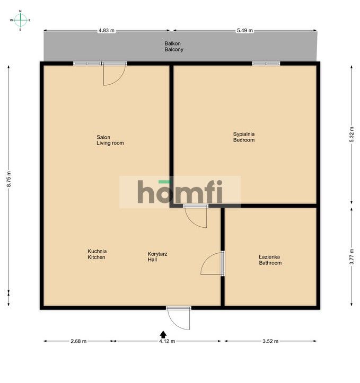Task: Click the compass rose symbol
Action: point(20,20)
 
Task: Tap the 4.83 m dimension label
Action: point(106,31)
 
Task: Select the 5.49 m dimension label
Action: point(244,31)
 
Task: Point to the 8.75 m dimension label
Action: point(9,179)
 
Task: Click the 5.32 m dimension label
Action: point(352,135)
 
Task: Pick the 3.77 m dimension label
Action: point(352,256)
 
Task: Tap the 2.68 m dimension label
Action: point(78,341)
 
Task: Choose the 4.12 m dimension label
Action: point(167,341)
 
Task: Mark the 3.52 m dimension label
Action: point(270,341)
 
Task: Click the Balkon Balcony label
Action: point(174,47)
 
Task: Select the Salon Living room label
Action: point(110,140)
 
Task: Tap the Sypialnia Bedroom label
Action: point(244,137)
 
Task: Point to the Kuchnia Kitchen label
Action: point(97,254)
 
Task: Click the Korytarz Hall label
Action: point(157,257)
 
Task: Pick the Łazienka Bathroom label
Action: point(270,260)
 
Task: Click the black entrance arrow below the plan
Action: point(163,334)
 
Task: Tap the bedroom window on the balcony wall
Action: point(266,64)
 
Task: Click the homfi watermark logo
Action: point(180,192)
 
